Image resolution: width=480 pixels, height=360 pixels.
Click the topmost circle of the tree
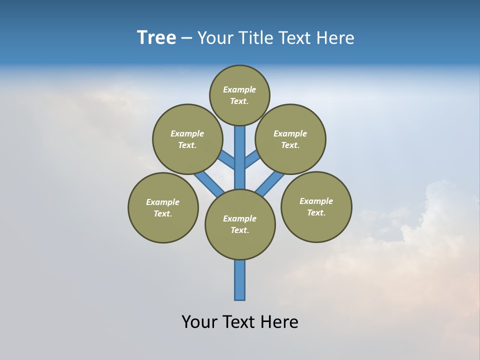(x=239, y=95)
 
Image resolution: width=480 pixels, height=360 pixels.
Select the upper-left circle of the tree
(x=187, y=139)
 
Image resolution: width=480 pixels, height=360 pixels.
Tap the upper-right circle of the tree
(x=290, y=139)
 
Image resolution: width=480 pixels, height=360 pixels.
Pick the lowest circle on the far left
(x=163, y=207)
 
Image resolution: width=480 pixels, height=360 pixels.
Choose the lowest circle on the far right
(x=316, y=206)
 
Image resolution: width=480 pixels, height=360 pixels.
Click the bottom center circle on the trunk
(x=240, y=224)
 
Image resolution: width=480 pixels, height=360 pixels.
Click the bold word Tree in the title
(x=156, y=37)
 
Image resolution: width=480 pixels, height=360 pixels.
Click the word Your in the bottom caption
(x=199, y=321)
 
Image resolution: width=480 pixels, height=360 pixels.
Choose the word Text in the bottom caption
(x=239, y=321)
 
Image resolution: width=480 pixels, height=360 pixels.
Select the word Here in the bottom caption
(x=280, y=321)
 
